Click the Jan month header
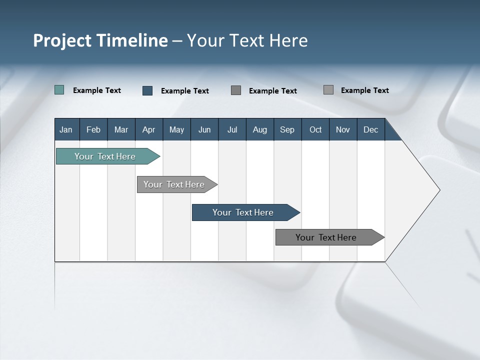click(66, 129)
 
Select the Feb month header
click(93, 129)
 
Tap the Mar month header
click(121, 129)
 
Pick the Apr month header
click(149, 129)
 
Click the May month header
click(176, 129)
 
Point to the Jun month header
click(204, 129)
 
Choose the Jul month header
click(232, 129)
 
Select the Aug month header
click(260, 129)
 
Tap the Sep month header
click(287, 129)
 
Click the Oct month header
click(315, 129)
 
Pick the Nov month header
click(343, 129)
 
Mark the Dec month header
click(371, 129)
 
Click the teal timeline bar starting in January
click(105, 156)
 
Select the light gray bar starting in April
click(174, 184)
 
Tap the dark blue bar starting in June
click(243, 212)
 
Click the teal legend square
click(59, 90)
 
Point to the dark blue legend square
click(147, 90)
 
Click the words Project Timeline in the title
click(100, 40)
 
